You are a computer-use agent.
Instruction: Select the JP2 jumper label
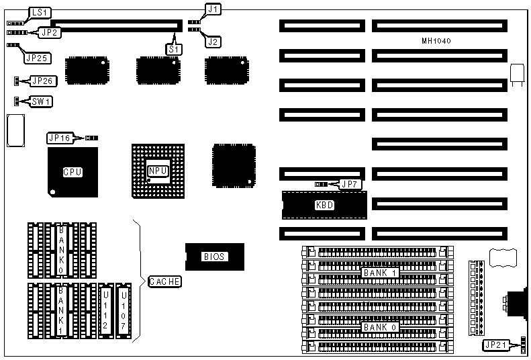coord(50,31)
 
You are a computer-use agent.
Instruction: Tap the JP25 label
coord(36,58)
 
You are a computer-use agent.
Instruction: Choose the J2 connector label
coord(213,42)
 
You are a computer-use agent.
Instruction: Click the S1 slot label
coord(173,48)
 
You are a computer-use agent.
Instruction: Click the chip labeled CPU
coord(73,173)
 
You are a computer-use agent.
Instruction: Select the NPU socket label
coord(157,171)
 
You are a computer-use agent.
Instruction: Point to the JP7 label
coord(349,183)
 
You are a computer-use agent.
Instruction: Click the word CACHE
coord(164,281)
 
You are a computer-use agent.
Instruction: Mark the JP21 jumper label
coord(497,345)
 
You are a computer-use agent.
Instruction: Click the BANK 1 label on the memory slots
coord(380,273)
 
